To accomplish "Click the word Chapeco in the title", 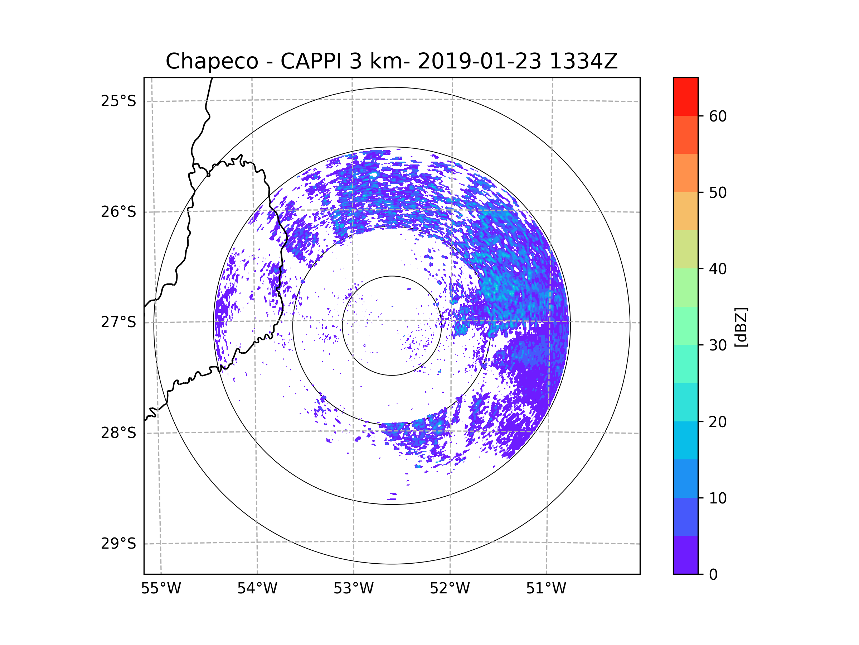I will (212, 61).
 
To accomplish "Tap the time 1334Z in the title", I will (583, 61).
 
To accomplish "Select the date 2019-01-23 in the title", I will (479, 61).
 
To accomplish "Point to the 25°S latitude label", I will (118, 101).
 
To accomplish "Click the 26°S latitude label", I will (118, 212).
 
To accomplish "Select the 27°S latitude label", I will (118, 322).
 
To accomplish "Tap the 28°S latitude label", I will (118, 433).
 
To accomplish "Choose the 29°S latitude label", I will (118, 544).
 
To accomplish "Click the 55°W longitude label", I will (161, 589).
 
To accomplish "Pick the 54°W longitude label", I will (257, 589).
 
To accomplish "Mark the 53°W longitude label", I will (353, 589).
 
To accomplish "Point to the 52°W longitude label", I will (450, 589).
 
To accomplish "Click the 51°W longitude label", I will (546, 589).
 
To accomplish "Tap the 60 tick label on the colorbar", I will (718, 116).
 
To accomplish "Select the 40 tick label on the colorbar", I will (718, 269).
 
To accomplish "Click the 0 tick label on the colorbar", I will (713, 575).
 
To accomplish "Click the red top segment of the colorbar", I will (685, 96).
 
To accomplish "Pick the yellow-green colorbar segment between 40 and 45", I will (685, 249).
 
